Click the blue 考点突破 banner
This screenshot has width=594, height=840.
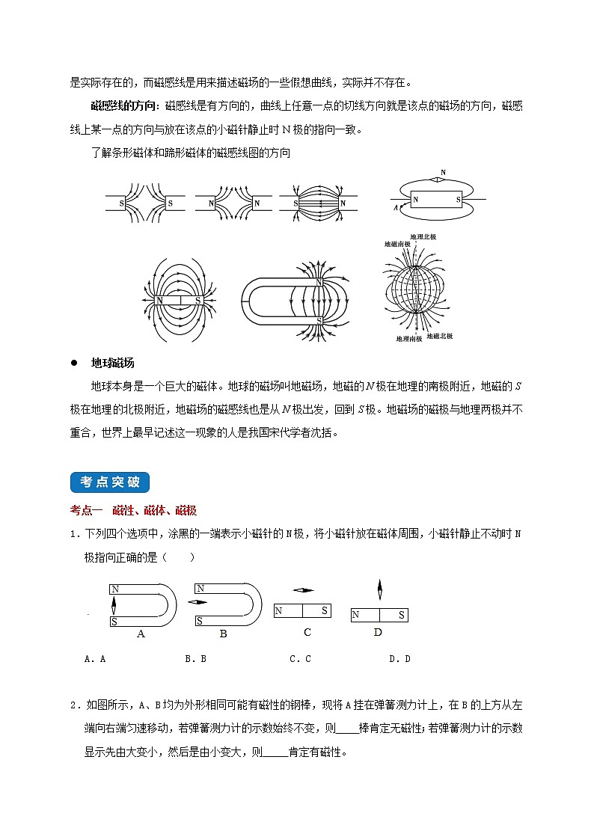tap(110, 482)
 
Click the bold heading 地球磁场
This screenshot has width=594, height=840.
tap(112, 363)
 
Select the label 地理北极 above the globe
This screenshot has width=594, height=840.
tap(423, 236)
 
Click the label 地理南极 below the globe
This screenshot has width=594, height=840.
tap(408, 339)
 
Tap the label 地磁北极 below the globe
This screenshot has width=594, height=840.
tap(439, 336)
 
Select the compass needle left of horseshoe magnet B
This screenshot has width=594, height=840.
tap(198, 602)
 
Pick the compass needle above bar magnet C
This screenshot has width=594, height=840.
tap(304, 590)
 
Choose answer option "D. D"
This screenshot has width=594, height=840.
tap(400, 659)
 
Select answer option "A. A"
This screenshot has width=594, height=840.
tap(95, 659)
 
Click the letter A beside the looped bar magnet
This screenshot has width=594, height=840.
tap(395, 209)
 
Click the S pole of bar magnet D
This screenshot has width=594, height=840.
tap(401, 616)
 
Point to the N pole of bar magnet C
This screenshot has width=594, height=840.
tap(279, 612)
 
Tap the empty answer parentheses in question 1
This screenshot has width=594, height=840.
tap(181, 557)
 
